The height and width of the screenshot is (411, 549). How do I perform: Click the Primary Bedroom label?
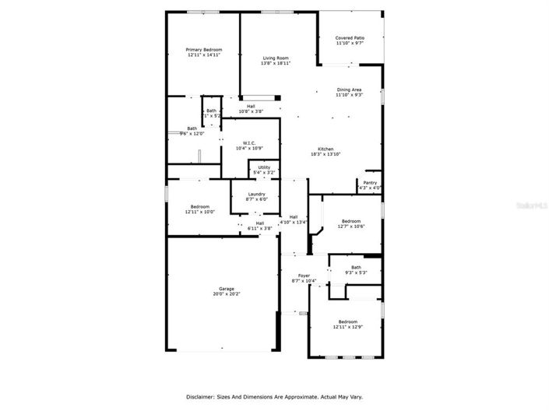pyautogui.click(x=203, y=50)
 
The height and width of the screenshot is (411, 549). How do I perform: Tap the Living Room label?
pyautogui.click(x=276, y=58)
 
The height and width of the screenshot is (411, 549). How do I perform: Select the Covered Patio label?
pyautogui.click(x=350, y=38)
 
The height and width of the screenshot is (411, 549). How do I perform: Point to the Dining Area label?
pyautogui.click(x=348, y=90)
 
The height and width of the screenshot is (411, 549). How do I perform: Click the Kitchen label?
pyautogui.click(x=326, y=149)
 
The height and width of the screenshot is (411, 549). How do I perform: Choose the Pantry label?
pyautogui.click(x=370, y=183)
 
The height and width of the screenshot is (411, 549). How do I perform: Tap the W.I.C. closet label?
pyautogui.click(x=249, y=143)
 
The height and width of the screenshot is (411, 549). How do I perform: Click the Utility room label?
pyautogui.click(x=264, y=167)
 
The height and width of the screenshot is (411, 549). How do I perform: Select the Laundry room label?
pyautogui.click(x=256, y=195)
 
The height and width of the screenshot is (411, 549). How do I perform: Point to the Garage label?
pyautogui.click(x=227, y=289)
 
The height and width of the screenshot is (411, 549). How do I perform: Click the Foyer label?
pyautogui.click(x=304, y=276)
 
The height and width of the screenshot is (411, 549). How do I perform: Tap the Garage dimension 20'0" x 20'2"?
pyautogui.click(x=227, y=294)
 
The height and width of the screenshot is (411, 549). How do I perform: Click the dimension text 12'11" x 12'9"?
pyautogui.click(x=347, y=327)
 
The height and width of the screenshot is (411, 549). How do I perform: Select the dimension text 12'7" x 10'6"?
pyautogui.click(x=351, y=227)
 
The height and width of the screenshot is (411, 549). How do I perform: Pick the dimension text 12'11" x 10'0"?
pyautogui.click(x=200, y=212)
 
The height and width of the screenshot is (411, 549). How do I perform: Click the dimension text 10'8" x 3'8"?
pyautogui.click(x=251, y=111)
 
